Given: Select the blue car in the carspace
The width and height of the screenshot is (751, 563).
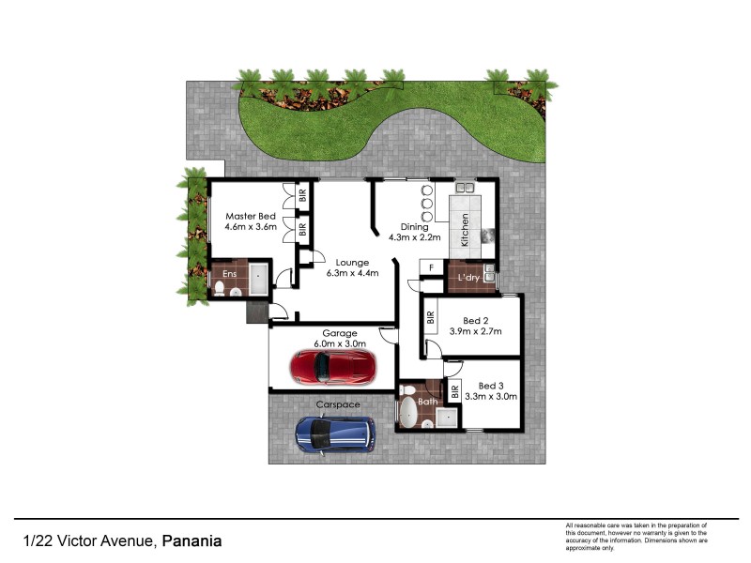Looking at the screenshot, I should [x=335, y=434].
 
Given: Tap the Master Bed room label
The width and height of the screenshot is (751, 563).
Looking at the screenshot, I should [x=251, y=216].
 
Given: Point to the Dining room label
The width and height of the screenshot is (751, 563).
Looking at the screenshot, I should [x=414, y=227].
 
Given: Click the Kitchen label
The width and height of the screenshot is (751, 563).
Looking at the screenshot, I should [x=464, y=229].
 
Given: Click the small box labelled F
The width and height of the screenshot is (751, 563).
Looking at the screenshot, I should [x=430, y=267].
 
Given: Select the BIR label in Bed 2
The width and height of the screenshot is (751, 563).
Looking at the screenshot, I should [x=430, y=318].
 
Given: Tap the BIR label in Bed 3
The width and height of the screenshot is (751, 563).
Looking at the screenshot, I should [x=455, y=390].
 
